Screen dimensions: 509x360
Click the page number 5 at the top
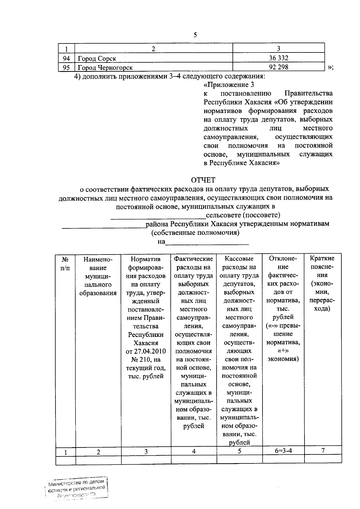(195, 35)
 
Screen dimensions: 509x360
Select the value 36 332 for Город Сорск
(278, 58)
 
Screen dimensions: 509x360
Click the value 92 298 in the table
(278, 67)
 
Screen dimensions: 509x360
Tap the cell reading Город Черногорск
(105, 67)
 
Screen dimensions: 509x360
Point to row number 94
(66, 58)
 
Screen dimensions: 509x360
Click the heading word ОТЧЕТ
(203, 180)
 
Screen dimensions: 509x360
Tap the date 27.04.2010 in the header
(146, 351)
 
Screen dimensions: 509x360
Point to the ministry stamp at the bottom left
(76, 488)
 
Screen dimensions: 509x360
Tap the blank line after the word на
(207, 244)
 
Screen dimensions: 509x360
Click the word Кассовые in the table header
(239, 259)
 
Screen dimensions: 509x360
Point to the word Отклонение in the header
(283, 263)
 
